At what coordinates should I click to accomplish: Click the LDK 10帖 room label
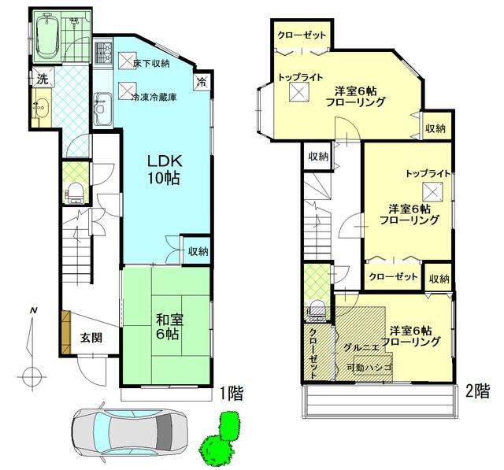click(x=165, y=169)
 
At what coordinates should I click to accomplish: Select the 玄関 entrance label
click(x=91, y=338)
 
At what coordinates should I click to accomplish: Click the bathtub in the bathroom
click(x=47, y=36)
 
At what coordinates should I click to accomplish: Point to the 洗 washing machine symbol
click(x=43, y=78)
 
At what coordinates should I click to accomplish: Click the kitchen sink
click(x=103, y=109)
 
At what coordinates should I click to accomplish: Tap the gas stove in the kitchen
click(x=103, y=53)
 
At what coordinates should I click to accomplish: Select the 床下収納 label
click(x=151, y=63)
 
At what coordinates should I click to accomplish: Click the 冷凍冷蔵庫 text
click(x=154, y=97)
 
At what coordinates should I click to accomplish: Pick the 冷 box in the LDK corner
click(x=202, y=81)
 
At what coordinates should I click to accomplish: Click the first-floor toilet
click(x=76, y=193)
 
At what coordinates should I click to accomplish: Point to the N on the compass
click(x=33, y=311)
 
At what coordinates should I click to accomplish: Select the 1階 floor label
click(x=232, y=393)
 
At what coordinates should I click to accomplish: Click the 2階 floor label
click(x=478, y=391)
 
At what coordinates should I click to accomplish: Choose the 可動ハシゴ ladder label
click(x=369, y=367)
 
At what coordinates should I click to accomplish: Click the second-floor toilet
click(x=317, y=310)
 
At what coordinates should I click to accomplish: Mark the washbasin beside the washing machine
click(x=41, y=106)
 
